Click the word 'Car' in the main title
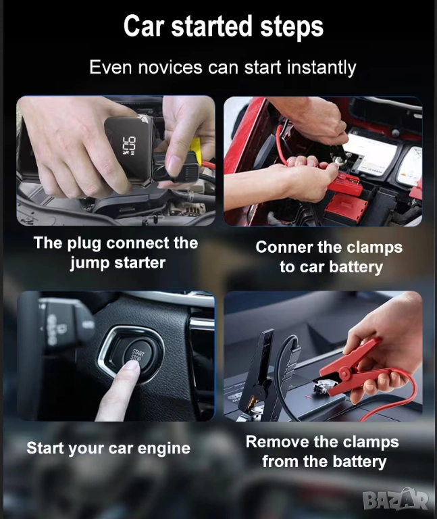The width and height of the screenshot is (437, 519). click(144, 26)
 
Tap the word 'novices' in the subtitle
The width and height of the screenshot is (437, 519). click(170, 67)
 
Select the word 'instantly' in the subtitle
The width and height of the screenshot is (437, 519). click(322, 68)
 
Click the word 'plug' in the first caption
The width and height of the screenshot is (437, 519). click(84, 244)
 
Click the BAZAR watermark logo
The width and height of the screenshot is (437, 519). click(396, 499)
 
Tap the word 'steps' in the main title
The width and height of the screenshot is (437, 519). click(291, 27)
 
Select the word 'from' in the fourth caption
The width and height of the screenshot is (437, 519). click(280, 462)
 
